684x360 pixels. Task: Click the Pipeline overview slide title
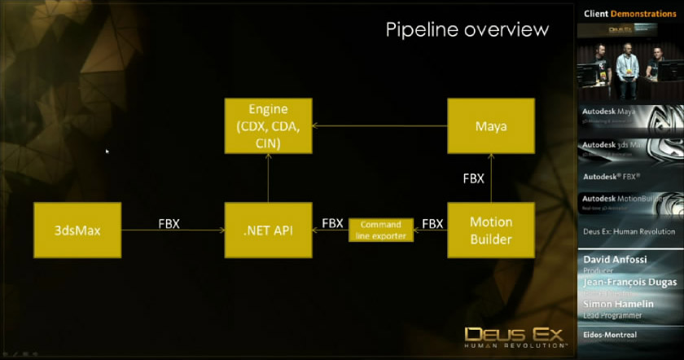coord(467,30)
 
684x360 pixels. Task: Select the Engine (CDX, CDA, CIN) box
coord(267,126)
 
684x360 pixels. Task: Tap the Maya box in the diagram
coord(491,125)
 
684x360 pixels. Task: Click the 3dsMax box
coord(77,230)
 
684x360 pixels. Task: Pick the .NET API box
coord(267,230)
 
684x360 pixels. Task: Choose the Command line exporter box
coord(381,230)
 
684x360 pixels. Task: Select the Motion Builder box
coord(491,230)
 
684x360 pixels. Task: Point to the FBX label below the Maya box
coord(474,178)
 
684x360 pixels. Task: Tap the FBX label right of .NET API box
coord(332,223)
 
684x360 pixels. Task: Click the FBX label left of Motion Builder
coord(432,223)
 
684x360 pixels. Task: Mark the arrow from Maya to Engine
coord(379,126)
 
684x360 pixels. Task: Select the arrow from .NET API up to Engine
coord(267,179)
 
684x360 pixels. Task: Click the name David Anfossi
coord(616,260)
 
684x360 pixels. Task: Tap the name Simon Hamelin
coord(618,304)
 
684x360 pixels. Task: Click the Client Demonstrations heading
coord(629,14)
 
